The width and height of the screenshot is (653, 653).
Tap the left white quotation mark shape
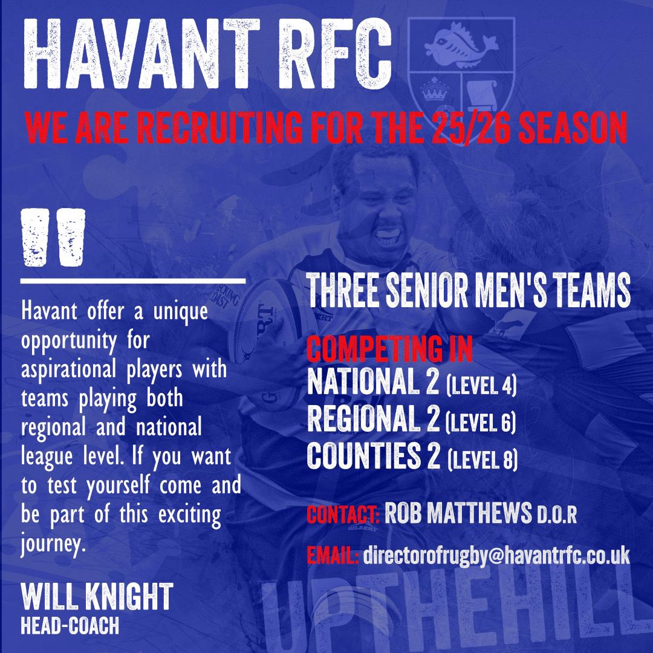pos(36,237)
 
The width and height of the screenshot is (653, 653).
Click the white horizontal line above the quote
pos(133,281)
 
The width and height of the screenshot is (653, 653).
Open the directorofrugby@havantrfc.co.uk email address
pos(496,555)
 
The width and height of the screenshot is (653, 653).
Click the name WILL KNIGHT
pos(97,598)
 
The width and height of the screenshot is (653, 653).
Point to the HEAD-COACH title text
pos(70,626)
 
